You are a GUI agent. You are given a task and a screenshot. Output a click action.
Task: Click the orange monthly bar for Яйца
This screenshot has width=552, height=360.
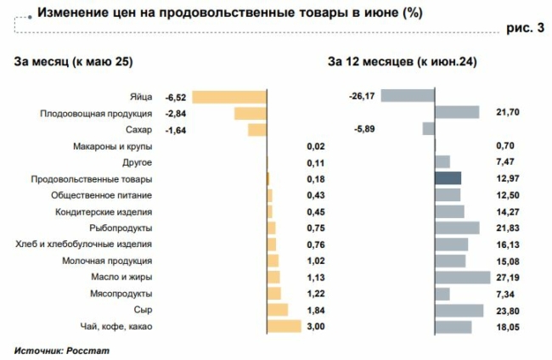(230, 97)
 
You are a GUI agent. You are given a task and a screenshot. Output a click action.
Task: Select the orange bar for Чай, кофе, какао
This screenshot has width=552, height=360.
(284, 326)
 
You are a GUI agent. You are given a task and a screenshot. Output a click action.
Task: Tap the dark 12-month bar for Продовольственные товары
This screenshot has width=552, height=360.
(448, 178)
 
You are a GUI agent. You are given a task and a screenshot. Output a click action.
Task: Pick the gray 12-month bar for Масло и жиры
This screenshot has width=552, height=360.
(463, 277)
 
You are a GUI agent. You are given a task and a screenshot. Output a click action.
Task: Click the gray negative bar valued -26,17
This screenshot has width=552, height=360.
(408, 96)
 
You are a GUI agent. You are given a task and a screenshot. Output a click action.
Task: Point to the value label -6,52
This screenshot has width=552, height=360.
(177, 97)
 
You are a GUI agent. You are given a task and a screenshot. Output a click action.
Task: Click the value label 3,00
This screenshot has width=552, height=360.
(315, 326)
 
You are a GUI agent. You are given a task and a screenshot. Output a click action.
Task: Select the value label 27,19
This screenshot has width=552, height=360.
(508, 278)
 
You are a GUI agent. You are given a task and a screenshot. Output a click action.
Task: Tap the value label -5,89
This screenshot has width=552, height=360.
(363, 129)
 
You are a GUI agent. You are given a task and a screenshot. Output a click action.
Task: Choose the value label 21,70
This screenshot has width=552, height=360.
(508, 113)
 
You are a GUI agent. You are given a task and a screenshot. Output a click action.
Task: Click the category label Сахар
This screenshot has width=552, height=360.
(138, 130)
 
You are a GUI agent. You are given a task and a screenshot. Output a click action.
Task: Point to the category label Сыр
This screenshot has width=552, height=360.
(144, 310)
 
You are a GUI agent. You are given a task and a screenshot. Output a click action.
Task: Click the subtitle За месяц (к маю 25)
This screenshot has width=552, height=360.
(74, 61)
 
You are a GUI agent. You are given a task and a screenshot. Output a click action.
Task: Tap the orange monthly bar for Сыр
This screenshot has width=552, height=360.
(278, 310)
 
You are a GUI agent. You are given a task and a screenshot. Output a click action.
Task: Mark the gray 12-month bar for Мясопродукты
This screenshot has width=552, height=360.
(442, 294)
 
